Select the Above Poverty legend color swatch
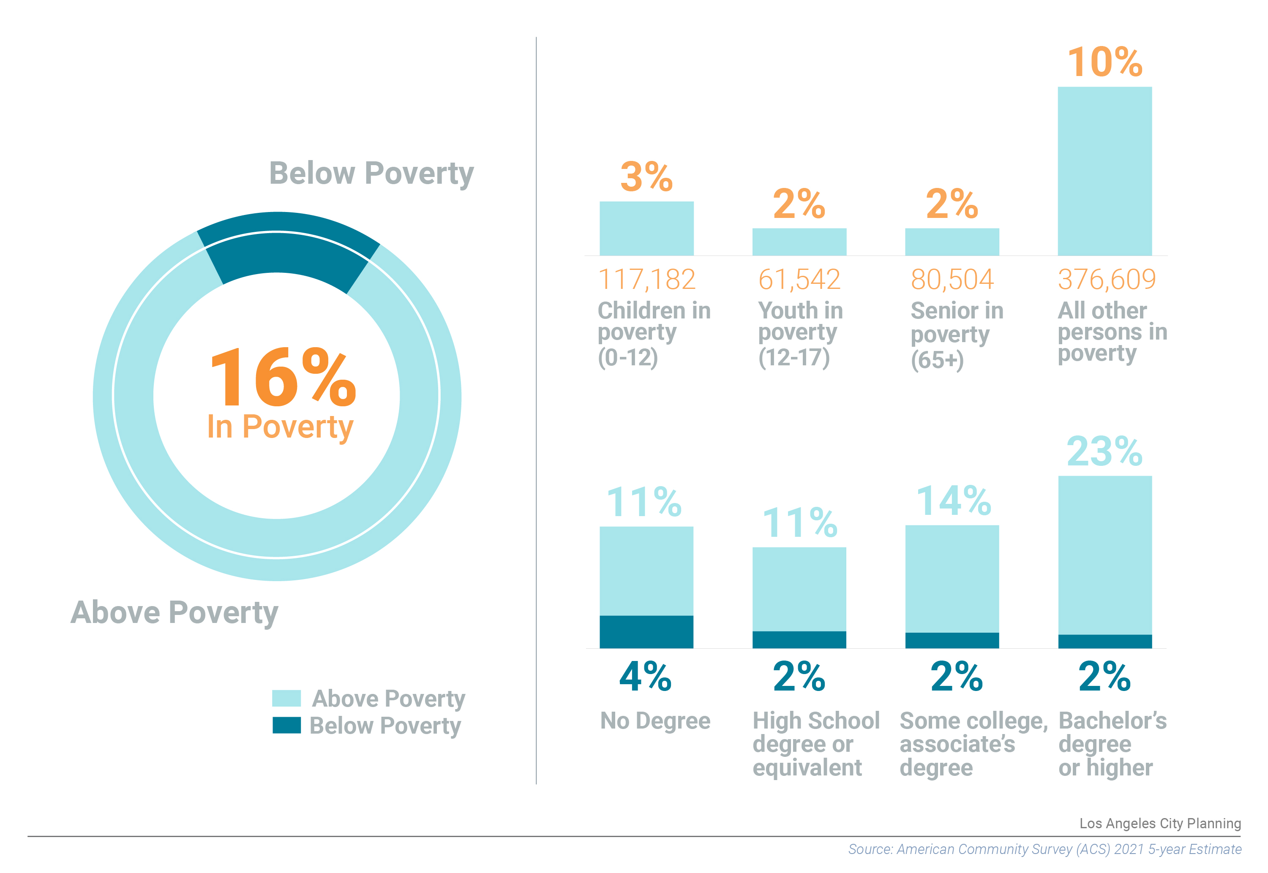pyautogui.click(x=286, y=698)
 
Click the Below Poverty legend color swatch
pyautogui.click(x=286, y=725)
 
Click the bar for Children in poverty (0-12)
pyautogui.click(x=646, y=228)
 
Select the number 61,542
pyautogui.click(x=799, y=280)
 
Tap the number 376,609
pyautogui.click(x=1107, y=280)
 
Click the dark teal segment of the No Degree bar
pyautogui.click(x=646, y=632)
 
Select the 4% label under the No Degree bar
pyautogui.click(x=645, y=677)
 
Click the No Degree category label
pyautogui.click(x=655, y=721)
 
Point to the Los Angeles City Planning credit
pyautogui.click(x=1160, y=823)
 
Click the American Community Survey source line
pyautogui.click(x=1044, y=849)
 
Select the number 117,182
pyautogui.click(x=646, y=280)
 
